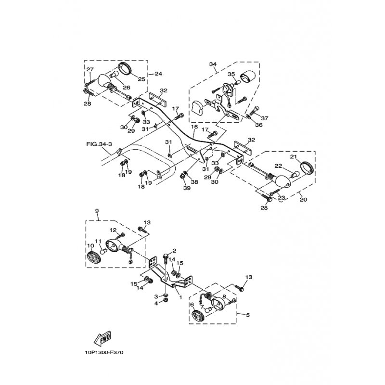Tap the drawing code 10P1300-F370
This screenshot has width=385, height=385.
click(104, 353)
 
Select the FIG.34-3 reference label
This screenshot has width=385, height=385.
click(99, 144)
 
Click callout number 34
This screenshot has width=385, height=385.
click(213, 64)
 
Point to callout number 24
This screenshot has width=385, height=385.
click(158, 74)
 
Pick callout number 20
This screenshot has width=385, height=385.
click(303, 199)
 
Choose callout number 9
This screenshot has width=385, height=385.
click(97, 211)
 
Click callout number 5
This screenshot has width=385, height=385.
click(247, 315)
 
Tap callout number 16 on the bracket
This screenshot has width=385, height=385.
click(194, 127)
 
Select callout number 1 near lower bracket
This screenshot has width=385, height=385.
click(181, 297)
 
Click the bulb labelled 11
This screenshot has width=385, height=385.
click(103, 252)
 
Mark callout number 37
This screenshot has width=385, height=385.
click(264, 118)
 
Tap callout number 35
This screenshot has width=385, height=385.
click(231, 74)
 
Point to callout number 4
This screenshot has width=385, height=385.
click(156, 304)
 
